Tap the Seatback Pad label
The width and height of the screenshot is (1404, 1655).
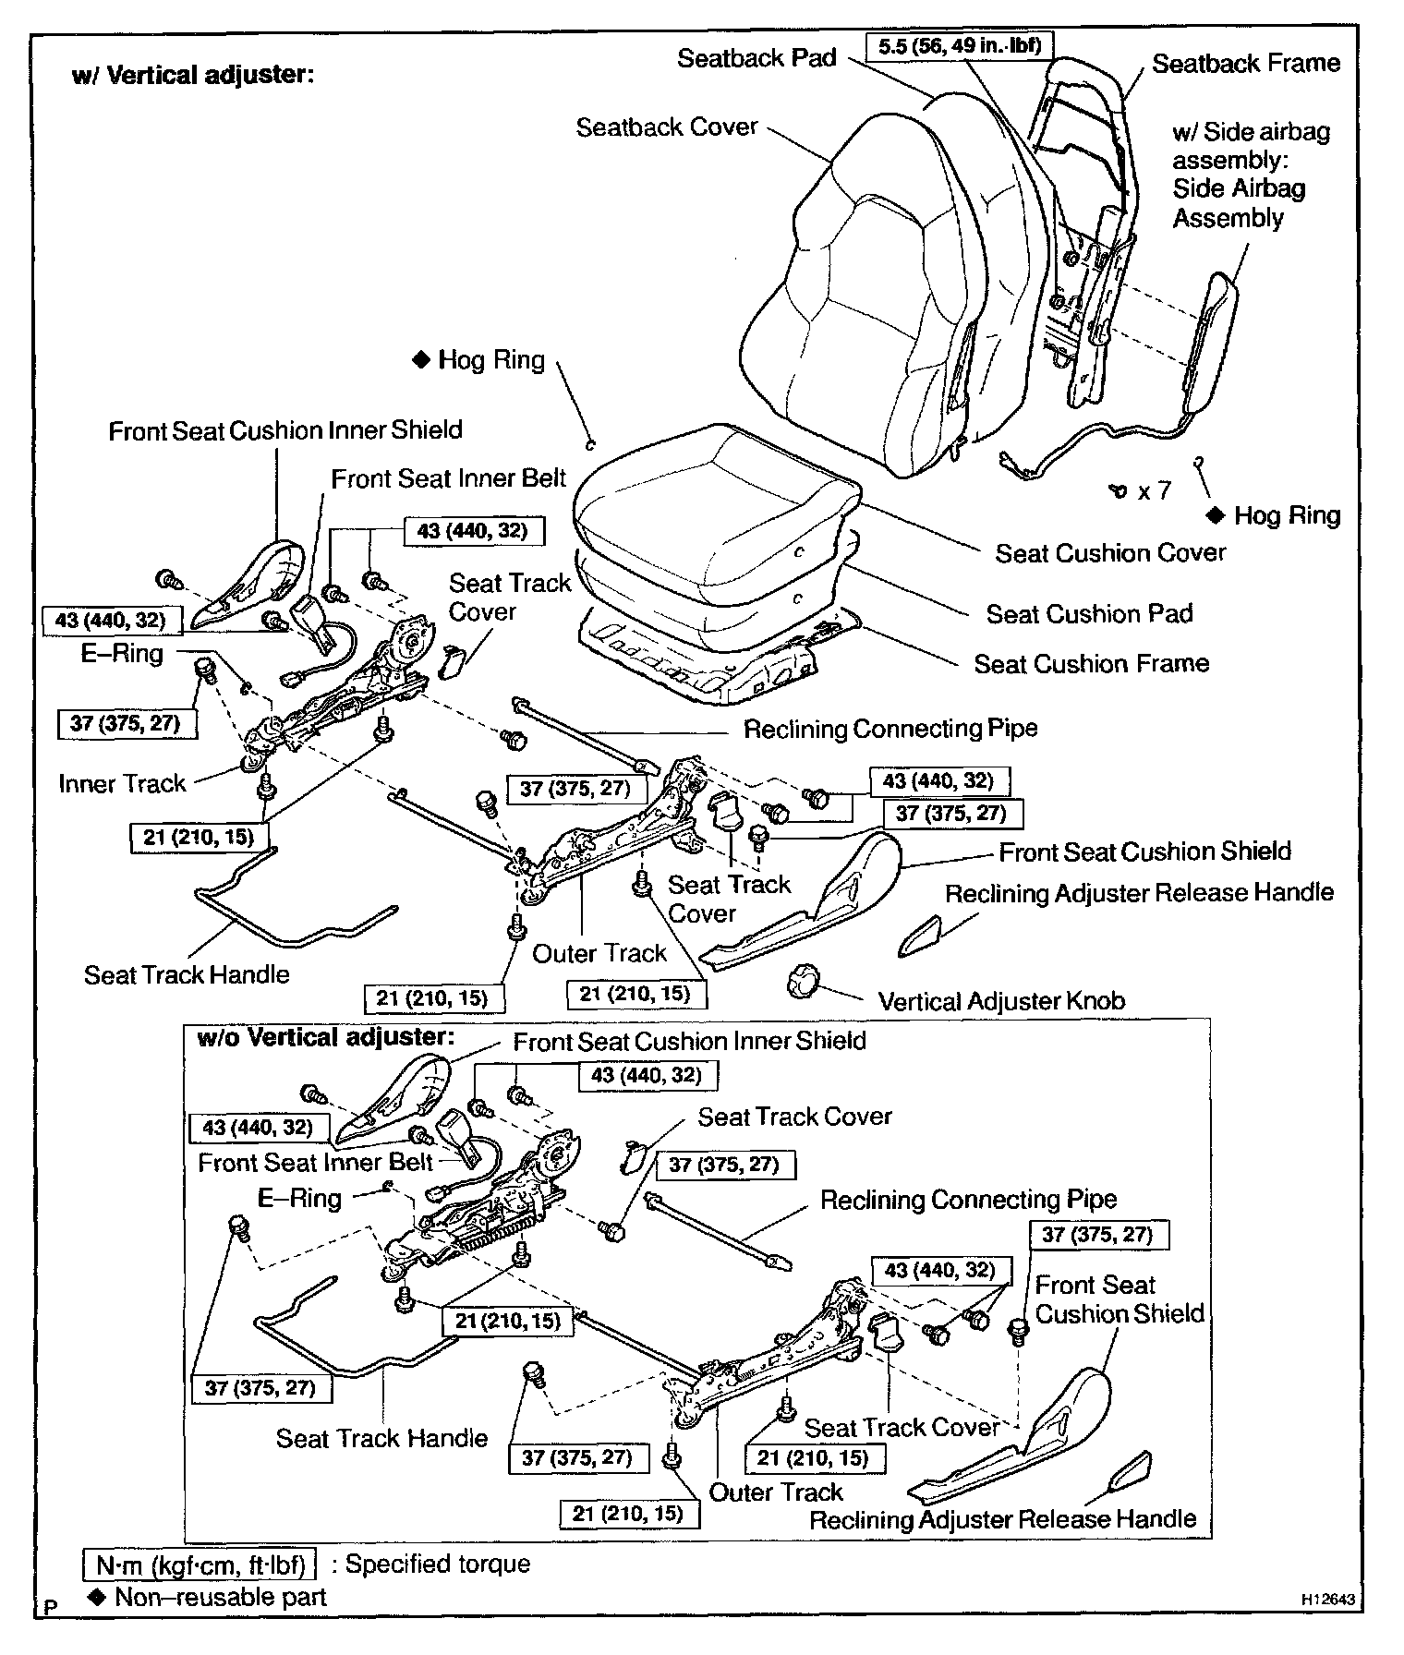click(756, 58)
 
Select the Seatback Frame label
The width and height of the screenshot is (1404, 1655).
click(1245, 64)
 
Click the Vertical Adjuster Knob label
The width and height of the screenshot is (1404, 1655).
click(1001, 1001)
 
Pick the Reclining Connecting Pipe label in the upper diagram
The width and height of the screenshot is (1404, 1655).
click(890, 729)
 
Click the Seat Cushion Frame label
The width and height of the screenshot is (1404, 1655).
click(1091, 663)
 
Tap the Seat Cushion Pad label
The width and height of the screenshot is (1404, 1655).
click(1089, 614)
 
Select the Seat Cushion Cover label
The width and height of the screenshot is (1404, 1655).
click(1109, 553)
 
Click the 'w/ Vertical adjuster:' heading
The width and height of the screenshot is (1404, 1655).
click(193, 75)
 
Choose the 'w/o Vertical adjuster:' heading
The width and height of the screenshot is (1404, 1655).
click(326, 1038)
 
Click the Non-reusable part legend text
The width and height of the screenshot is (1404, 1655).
click(220, 1597)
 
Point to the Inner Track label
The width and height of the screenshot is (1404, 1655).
click(122, 784)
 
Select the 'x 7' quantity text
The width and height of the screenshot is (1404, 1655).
click(1154, 491)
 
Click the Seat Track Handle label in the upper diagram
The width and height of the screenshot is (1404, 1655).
click(187, 975)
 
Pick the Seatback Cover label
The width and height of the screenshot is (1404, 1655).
click(666, 127)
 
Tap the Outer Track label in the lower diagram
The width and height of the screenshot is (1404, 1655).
click(776, 1492)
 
